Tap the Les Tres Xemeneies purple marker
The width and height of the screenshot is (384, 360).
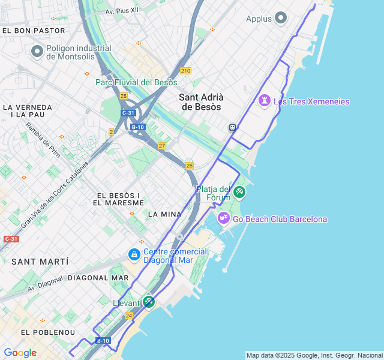click(x=265, y=101)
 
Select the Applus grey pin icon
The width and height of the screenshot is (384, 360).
click(x=280, y=19)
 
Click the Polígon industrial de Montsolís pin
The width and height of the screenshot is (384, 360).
click(x=37, y=52)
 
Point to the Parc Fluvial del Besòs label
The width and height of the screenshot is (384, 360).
click(x=136, y=82)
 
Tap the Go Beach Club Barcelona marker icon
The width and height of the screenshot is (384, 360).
click(x=224, y=218)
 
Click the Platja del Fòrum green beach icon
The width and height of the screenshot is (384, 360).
click(x=239, y=192)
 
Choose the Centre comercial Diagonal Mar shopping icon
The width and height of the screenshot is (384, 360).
click(x=134, y=256)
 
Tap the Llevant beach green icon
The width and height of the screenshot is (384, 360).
click(x=149, y=302)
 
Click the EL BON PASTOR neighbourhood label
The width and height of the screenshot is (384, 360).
click(x=25, y=30)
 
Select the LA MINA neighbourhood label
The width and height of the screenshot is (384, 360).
click(x=164, y=214)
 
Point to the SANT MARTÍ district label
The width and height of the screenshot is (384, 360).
click(x=40, y=262)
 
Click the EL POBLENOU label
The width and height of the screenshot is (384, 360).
click(x=48, y=332)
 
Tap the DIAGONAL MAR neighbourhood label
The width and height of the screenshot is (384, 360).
click(x=98, y=278)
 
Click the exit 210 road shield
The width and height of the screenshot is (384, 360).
click(x=185, y=71)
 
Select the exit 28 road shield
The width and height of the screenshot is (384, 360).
click(x=124, y=96)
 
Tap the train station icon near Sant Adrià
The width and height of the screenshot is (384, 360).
click(x=232, y=127)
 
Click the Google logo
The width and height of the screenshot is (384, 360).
click(x=20, y=353)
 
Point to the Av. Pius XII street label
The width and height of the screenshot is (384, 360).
click(x=122, y=11)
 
